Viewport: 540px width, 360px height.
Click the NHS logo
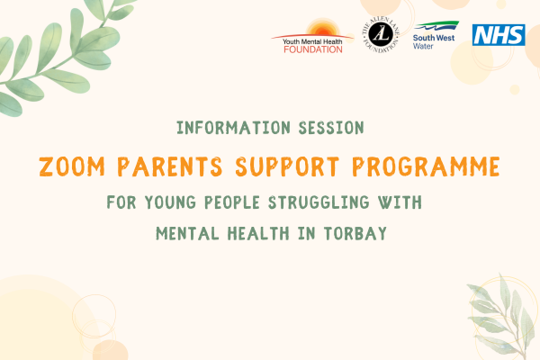pos(499,35)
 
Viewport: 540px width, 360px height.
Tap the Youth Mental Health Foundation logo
pos(312,37)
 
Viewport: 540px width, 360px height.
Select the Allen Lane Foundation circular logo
pos(381,34)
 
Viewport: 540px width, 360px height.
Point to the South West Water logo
pos(436,35)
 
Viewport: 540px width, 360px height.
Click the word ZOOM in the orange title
pos(72,166)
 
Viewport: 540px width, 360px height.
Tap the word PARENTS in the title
pos(170,166)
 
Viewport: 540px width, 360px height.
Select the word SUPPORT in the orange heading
pos(287,166)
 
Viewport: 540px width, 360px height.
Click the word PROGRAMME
pos(426,166)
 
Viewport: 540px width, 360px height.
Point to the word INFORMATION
pos(233,128)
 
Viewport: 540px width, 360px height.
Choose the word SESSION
pos(331,128)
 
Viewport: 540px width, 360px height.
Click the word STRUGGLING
pos(319,202)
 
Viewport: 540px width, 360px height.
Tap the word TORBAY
pos(355,234)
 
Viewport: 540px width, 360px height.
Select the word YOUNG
pos(170,202)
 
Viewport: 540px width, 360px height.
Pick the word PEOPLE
pos(232,202)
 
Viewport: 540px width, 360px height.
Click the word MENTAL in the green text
pos(187,234)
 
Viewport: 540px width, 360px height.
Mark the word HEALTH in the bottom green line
pos(258,234)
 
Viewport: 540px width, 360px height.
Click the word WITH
pos(400,202)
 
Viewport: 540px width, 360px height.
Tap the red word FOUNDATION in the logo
pos(313,49)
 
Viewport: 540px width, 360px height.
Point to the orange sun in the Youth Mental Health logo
pos(323,28)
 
